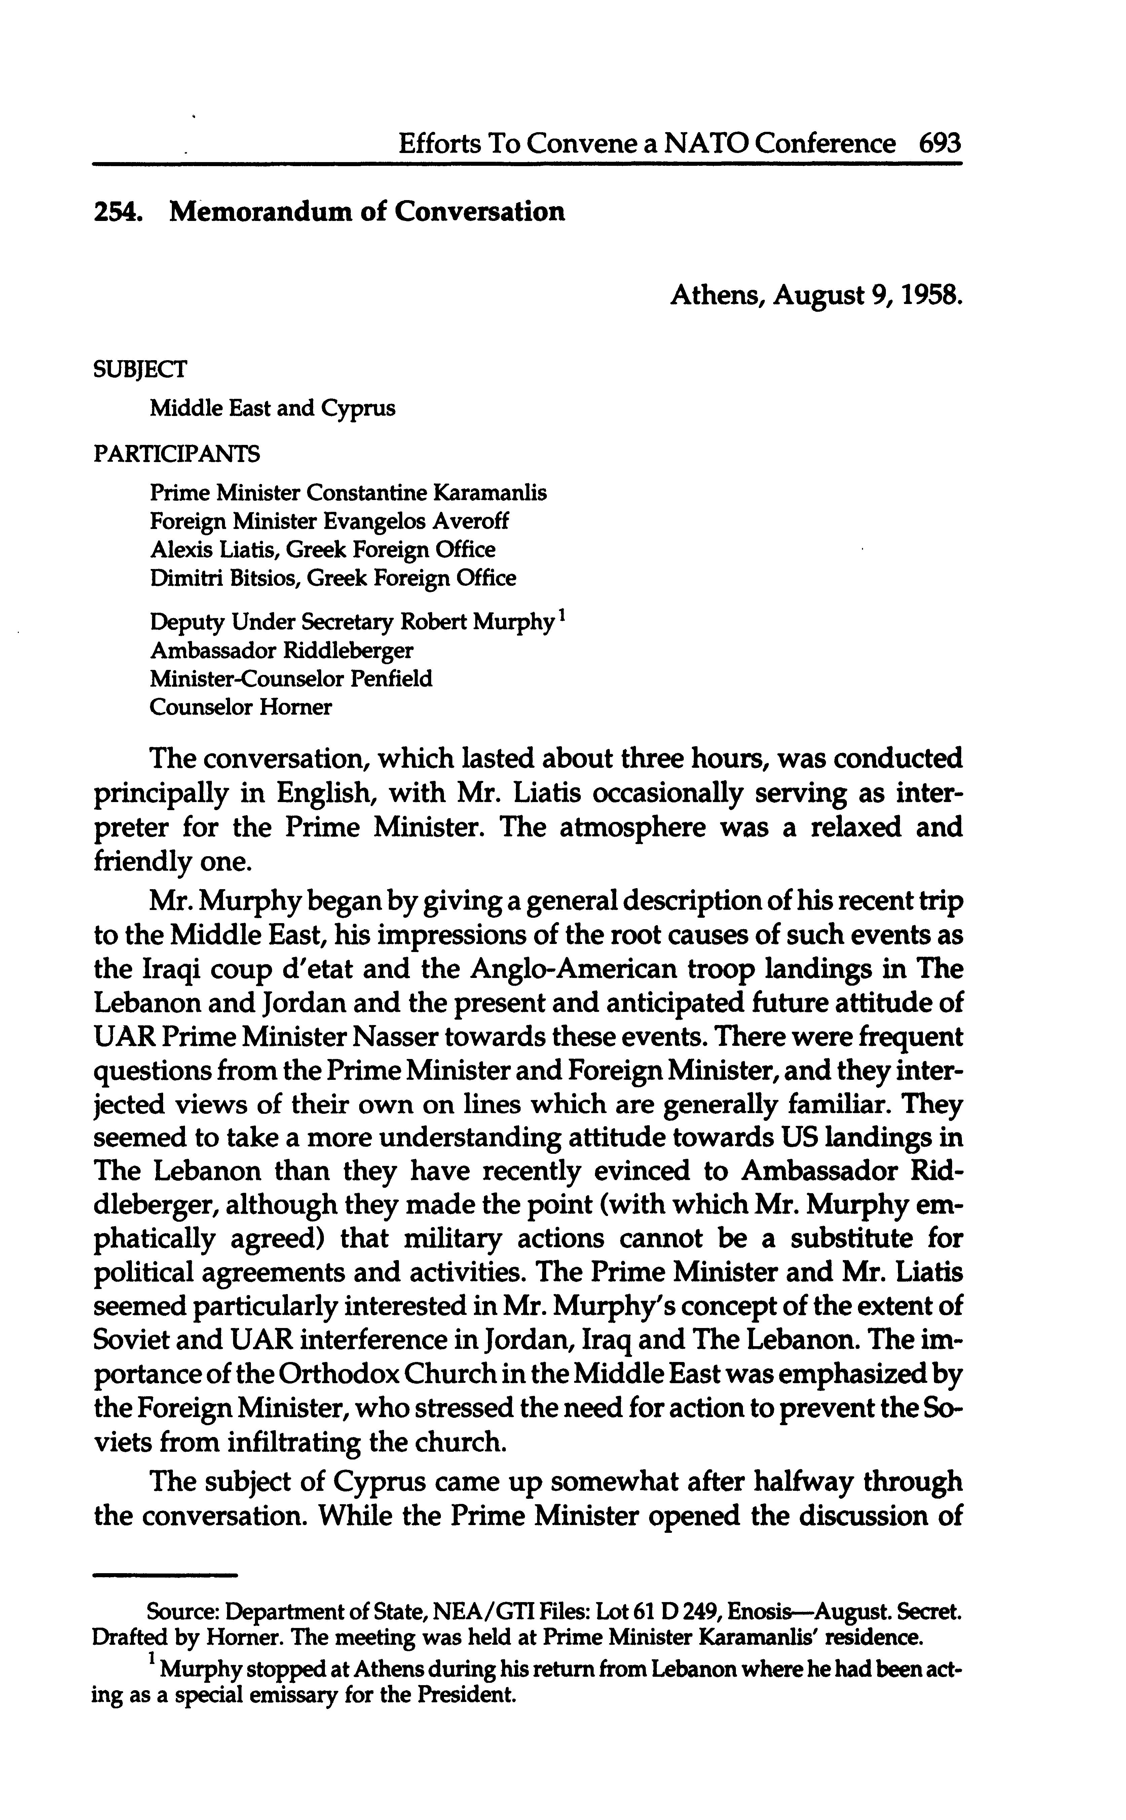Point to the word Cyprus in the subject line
pos(358,409)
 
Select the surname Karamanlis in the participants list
pos(491,493)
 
